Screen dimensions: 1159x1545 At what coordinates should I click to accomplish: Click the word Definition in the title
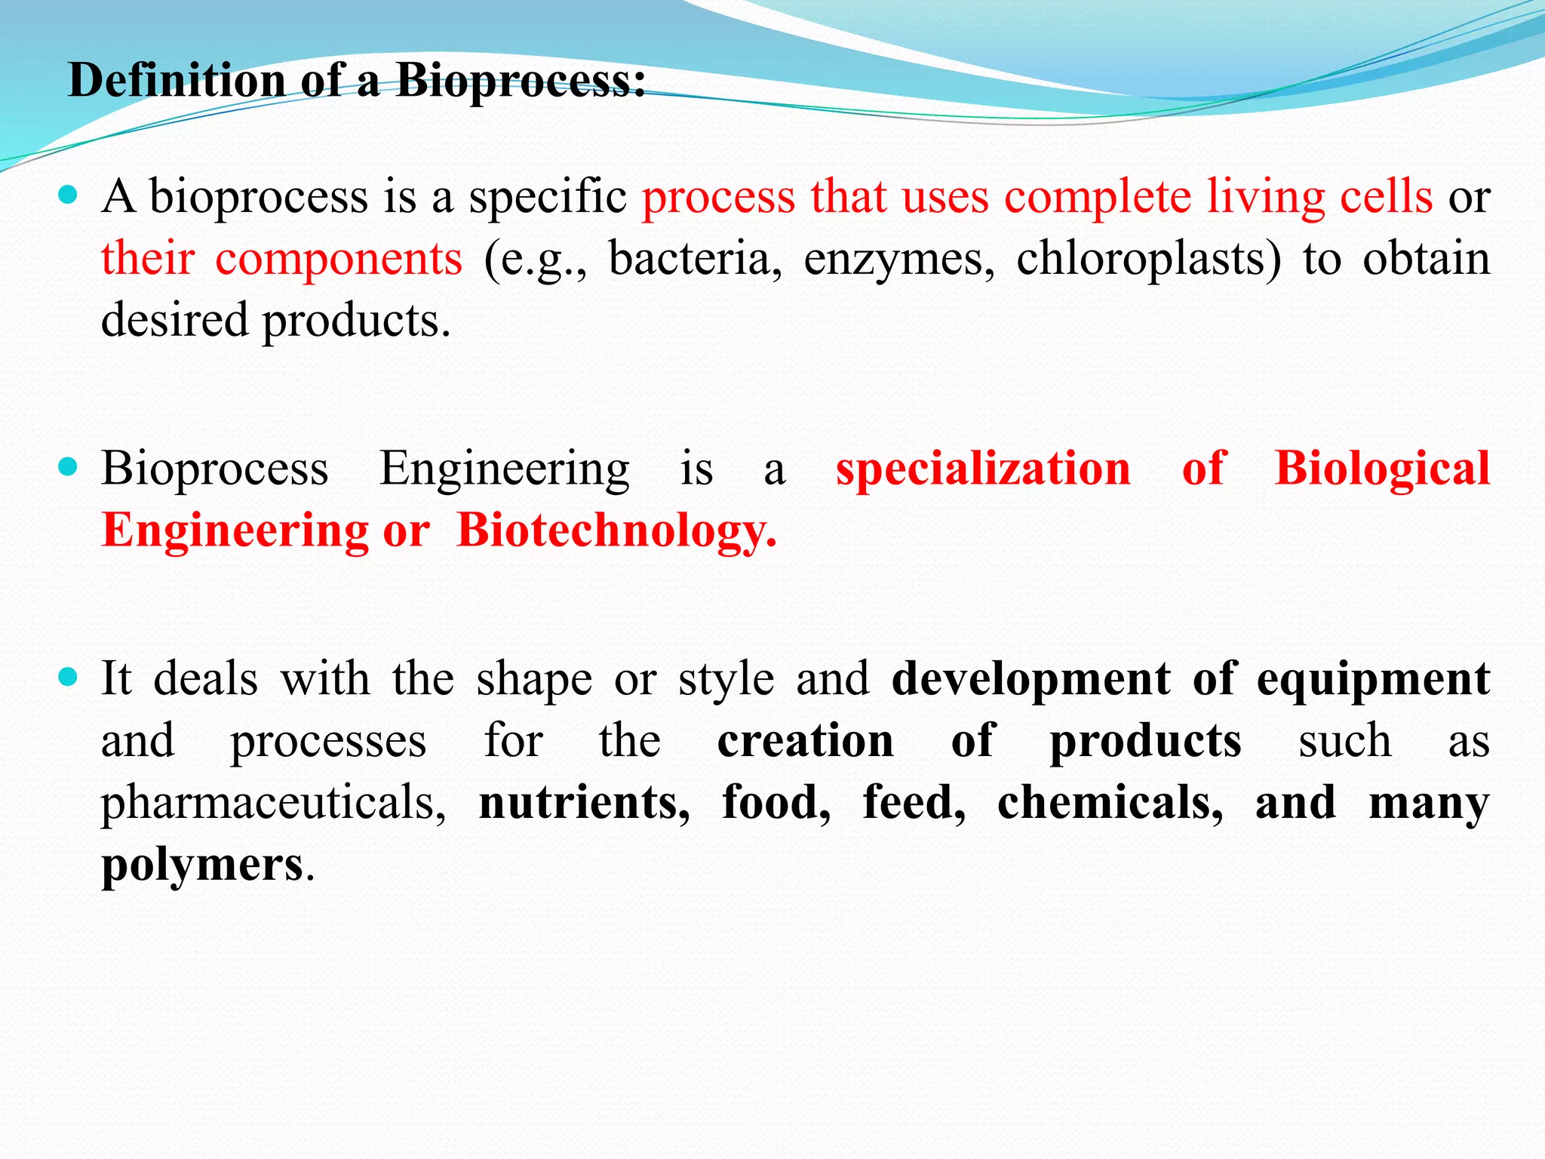coord(177,80)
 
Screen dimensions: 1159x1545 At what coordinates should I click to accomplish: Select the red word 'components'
coord(339,259)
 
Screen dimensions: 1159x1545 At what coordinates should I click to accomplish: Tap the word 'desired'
coord(174,320)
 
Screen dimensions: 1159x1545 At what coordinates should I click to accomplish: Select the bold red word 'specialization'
coord(983,469)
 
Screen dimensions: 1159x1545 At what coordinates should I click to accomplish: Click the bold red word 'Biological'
coord(1382,469)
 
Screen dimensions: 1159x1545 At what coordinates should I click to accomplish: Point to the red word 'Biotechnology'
coord(616,531)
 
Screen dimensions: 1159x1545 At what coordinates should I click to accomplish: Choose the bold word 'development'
coord(1031,679)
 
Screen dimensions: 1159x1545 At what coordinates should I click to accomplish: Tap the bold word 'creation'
coord(806,741)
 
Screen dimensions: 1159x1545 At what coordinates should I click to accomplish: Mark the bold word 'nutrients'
coord(584,802)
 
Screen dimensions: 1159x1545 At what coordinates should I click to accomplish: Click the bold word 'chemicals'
coord(1110,802)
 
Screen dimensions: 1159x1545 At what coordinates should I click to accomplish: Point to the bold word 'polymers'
coord(202,865)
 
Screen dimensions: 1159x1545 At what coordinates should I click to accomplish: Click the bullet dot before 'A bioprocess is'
coord(68,196)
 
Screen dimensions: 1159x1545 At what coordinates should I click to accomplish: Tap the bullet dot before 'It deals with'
coord(68,678)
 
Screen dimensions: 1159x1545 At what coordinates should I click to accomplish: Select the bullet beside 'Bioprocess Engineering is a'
coord(68,468)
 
